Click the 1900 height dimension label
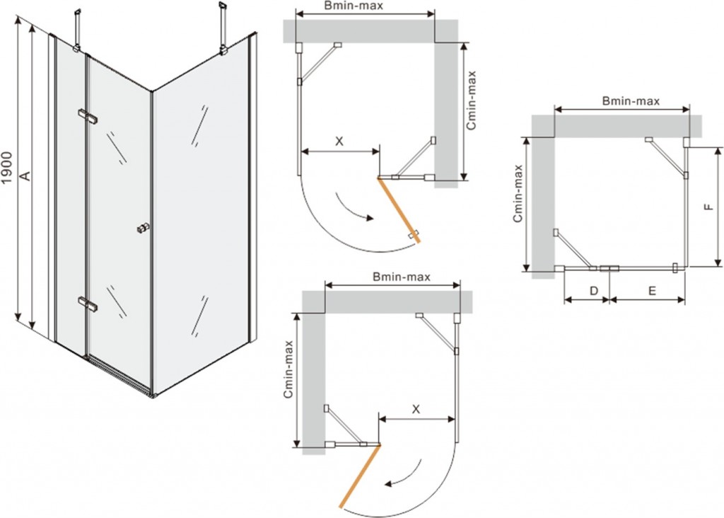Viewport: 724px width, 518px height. coord(8,168)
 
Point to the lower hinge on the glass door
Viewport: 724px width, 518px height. coord(88,304)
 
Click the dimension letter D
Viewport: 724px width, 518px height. coord(593,290)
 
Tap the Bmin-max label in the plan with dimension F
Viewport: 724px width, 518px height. coord(631,101)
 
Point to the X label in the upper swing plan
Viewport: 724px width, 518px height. coord(339,141)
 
